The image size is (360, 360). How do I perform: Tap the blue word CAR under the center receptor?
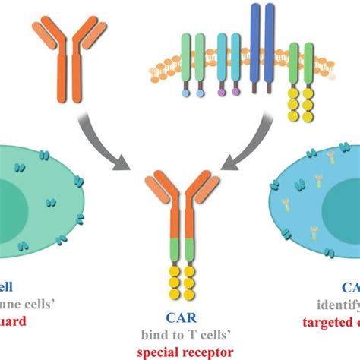(x=180, y=319)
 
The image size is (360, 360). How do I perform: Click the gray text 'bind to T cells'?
(x=180, y=335)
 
